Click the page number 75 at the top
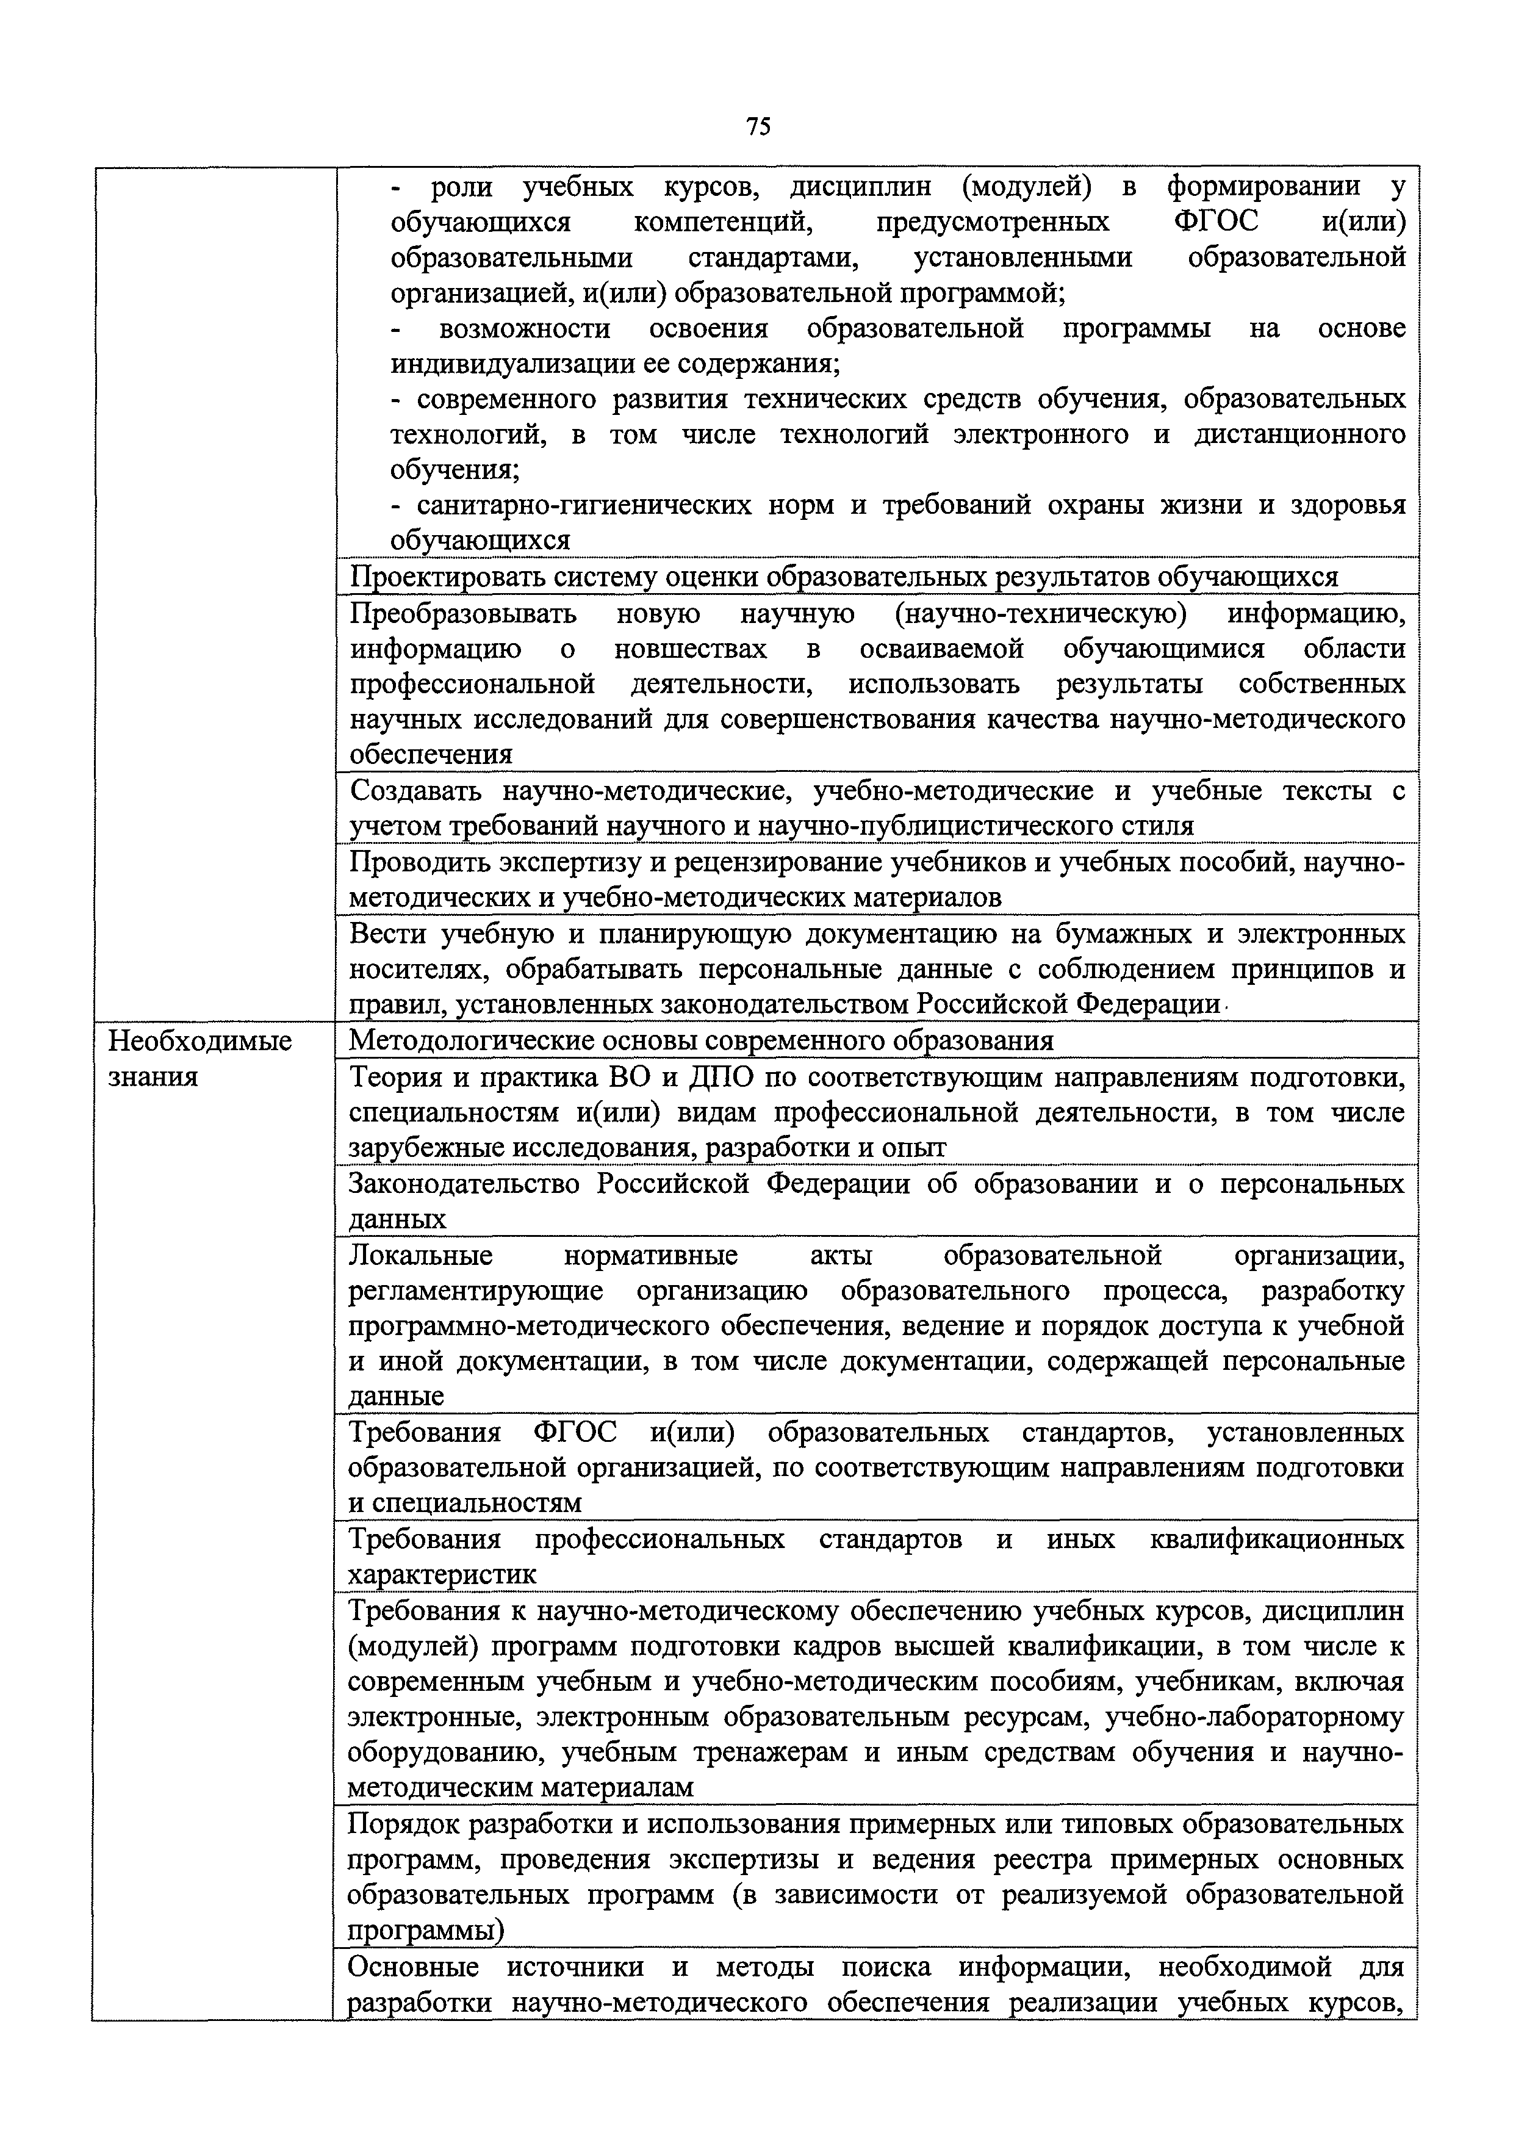click(758, 127)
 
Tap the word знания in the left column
click(154, 1077)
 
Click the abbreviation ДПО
click(720, 1077)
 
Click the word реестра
click(1033, 1860)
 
